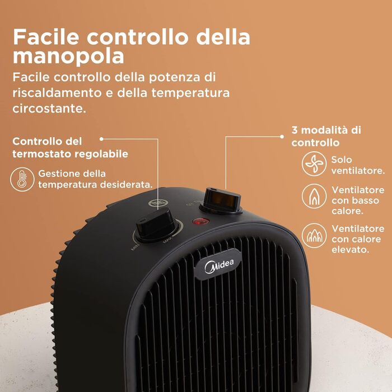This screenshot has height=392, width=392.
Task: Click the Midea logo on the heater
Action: click(x=219, y=266)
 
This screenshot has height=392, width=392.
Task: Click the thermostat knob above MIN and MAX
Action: click(x=156, y=226)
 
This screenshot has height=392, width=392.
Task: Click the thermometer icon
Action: click(x=22, y=179)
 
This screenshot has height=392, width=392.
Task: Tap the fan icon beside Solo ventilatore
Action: click(x=314, y=164)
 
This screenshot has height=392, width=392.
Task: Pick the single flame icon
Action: click(x=314, y=196)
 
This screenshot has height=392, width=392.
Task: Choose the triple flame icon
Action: click(x=314, y=236)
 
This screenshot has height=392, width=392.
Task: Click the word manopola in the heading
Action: click(x=68, y=57)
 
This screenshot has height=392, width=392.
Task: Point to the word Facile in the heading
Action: click(x=46, y=37)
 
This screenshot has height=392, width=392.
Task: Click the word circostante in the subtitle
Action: click(x=49, y=109)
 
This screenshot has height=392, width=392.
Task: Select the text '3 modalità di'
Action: click(x=326, y=130)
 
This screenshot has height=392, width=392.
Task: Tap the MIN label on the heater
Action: click(x=136, y=248)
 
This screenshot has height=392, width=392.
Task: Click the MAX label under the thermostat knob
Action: click(x=168, y=241)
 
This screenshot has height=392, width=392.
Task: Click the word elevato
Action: click(x=350, y=250)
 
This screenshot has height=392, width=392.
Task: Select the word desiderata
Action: click(x=126, y=185)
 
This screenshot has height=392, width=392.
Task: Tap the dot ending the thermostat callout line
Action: click(x=101, y=139)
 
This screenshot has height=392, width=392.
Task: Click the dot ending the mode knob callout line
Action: click(x=282, y=137)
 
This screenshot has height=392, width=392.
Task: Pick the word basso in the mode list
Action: click(x=365, y=200)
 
